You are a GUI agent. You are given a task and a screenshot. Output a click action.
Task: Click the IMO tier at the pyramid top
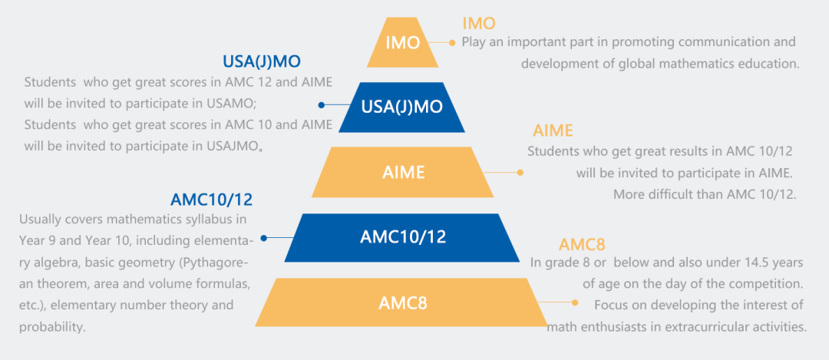tap(402, 43)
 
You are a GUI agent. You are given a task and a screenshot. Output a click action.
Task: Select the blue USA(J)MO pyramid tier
tap(402, 107)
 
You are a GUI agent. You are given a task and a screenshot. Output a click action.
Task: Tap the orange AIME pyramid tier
tap(403, 172)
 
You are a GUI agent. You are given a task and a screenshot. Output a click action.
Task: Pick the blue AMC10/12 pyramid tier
tap(403, 237)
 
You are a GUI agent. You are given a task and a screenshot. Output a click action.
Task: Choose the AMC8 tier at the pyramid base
tap(403, 302)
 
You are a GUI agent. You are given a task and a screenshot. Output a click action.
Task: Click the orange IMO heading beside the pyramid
tap(479, 24)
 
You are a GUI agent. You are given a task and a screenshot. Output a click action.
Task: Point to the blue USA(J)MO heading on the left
tap(262, 61)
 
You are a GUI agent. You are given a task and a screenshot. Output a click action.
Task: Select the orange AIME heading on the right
tap(553, 130)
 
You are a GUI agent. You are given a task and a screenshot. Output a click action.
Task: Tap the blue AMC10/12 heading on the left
tap(211, 200)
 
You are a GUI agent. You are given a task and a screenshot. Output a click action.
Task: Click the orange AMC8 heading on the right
tap(582, 245)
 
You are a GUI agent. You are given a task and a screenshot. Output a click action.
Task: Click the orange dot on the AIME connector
tap(520, 172)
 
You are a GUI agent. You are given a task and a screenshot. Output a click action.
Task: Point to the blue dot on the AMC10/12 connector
tap(264, 238)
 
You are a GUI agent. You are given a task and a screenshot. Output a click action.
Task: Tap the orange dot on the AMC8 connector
tap(574, 302)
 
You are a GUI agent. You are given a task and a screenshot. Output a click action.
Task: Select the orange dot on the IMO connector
tap(454, 42)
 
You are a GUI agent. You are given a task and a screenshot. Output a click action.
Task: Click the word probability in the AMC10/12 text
tap(54, 327)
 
